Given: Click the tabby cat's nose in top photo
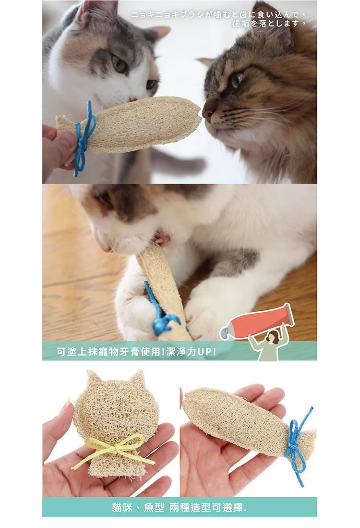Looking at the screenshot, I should tap(207, 113).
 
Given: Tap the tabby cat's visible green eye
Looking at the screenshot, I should tap(237, 80).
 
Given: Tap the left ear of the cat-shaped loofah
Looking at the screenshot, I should tap(92, 378).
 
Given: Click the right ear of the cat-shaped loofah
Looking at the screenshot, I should tap(138, 378).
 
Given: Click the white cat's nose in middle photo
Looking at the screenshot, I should tap(107, 249).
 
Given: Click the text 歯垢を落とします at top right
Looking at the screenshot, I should tap(269, 23).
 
